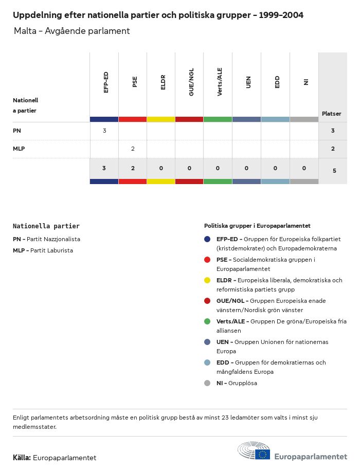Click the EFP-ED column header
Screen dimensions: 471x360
click(x=105, y=82)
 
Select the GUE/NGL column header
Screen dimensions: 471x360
click(x=191, y=84)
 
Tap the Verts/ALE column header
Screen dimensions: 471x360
click(x=220, y=84)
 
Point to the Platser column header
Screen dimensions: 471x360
click(x=331, y=114)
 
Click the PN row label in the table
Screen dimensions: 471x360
click(x=17, y=131)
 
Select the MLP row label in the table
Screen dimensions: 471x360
click(x=19, y=149)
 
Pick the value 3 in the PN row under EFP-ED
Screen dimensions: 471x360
click(x=104, y=131)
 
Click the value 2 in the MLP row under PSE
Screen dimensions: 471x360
click(x=133, y=149)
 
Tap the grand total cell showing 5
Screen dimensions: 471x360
click(x=334, y=171)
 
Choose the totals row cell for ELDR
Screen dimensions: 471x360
click(x=161, y=168)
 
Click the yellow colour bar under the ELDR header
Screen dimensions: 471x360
click(x=161, y=119)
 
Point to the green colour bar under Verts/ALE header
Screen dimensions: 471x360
click(x=218, y=119)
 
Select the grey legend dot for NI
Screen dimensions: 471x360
click(x=207, y=383)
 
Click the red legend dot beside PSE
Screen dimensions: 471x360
click(x=207, y=260)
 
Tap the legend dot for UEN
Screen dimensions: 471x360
click(x=207, y=342)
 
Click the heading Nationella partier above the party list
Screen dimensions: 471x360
click(x=46, y=226)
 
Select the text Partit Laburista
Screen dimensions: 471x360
click(x=51, y=250)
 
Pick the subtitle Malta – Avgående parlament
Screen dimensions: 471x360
click(x=71, y=31)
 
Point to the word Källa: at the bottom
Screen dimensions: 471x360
click(x=22, y=458)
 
